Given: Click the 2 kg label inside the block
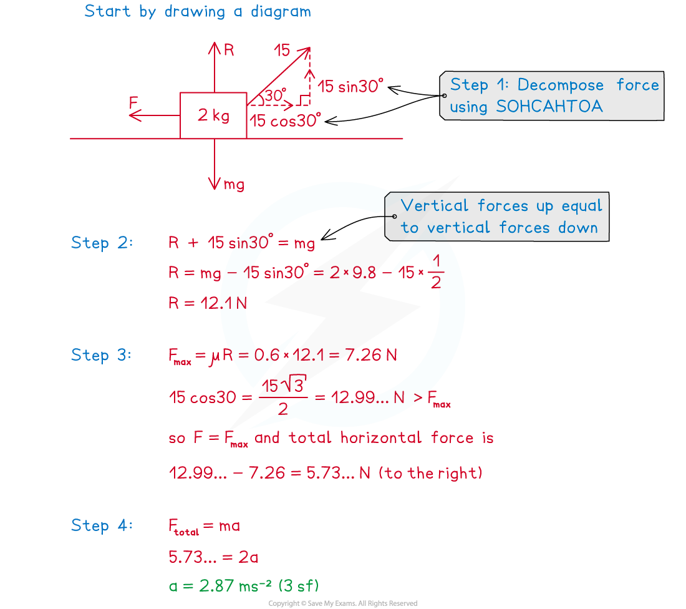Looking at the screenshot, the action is pos(213,115).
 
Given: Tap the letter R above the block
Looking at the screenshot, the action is pos(229,50).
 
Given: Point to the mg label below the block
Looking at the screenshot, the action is pos(234,185).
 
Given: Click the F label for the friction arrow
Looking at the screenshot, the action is pos(133,103).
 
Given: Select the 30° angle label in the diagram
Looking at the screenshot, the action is pos(275,95).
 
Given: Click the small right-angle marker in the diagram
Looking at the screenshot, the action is pos(303,100).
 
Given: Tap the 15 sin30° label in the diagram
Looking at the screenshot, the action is pos(350,86).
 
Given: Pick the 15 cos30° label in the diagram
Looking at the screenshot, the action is pos(285,120).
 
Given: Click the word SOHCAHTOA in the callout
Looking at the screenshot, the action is pos(549,107).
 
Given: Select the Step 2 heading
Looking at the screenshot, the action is pos(102,243).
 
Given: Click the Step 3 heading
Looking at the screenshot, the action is pos(102,355).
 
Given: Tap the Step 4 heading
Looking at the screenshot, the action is pos(102,525).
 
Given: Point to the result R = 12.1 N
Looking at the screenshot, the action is pos(208,303).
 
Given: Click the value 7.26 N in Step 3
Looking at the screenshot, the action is pos(371,354).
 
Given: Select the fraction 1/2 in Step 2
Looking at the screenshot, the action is pos(436,271).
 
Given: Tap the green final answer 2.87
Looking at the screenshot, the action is pos(216,586).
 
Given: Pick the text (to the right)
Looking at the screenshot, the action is pos(430,473).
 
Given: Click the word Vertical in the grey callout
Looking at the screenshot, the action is pos(435,205).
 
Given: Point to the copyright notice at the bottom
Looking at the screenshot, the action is pos(343,603).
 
